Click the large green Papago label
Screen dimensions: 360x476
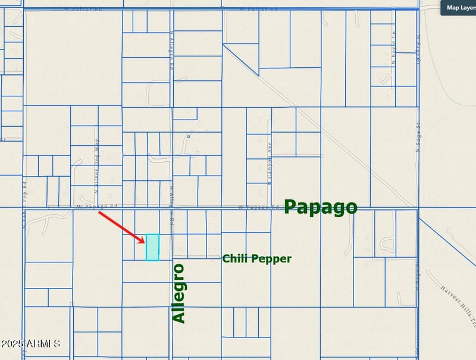tap(321, 206)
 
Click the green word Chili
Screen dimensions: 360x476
tap(235, 258)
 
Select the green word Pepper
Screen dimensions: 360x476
tap(271, 259)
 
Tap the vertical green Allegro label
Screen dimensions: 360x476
tap(178, 293)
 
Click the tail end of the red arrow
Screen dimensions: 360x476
tap(99, 212)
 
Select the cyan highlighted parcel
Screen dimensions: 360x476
tap(153, 247)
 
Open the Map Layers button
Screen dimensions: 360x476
tap(459, 8)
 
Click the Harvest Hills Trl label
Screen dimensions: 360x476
tap(459, 305)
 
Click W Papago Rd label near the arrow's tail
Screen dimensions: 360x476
tap(97, 206)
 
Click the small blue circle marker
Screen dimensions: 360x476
tap(189, 136)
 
